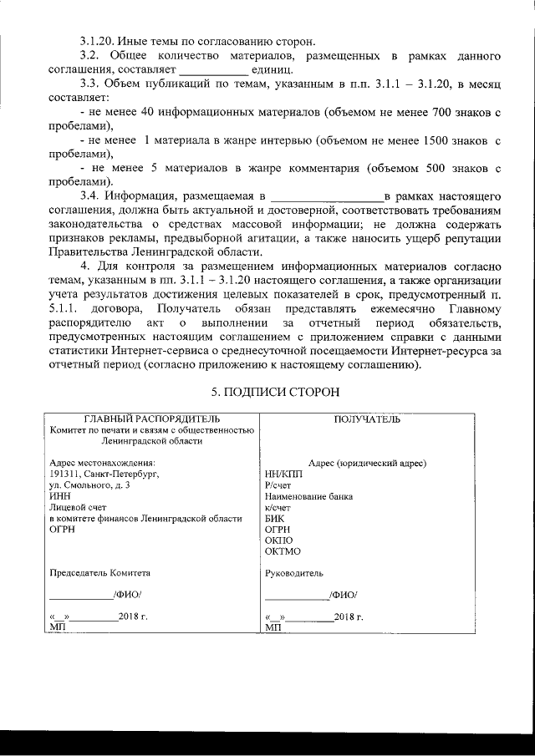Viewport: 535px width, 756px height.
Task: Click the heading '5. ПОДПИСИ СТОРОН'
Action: (273, 391)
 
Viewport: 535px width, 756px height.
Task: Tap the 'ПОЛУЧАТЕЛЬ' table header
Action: (367, 419)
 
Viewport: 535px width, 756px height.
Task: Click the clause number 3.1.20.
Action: (97, 41)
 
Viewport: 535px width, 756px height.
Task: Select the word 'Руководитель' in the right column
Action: (293, 573)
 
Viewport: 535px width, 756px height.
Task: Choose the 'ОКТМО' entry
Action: (282, 551)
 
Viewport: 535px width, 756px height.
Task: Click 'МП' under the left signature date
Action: (57, 627)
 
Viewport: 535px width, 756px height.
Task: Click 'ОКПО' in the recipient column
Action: (278, 540)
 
